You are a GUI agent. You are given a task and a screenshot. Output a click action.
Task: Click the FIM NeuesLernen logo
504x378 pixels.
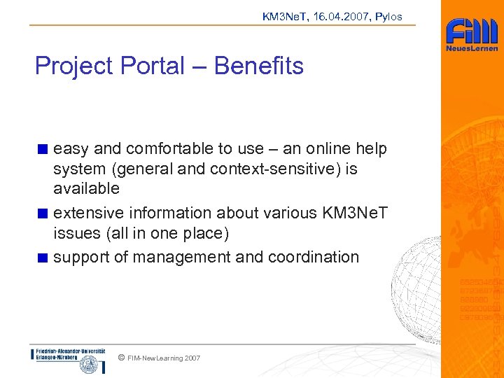click(x=472, y=34)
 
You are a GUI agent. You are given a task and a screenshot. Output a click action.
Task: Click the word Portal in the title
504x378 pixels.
click(x=152, y=66)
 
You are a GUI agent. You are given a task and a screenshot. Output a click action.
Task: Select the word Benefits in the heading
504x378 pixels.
click(x=258, y=66)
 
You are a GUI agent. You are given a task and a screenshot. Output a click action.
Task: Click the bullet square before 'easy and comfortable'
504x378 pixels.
click(x=43, y=149)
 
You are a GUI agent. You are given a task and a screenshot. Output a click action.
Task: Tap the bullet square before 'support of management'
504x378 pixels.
click(x=43, y=258)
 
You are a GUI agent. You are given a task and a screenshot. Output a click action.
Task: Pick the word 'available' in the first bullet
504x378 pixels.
click(x=86, y=188)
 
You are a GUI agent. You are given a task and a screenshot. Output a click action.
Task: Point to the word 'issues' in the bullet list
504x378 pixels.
click(x=73, y=232)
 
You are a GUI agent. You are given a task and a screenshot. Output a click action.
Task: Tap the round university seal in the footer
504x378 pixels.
click(x=90, y=364)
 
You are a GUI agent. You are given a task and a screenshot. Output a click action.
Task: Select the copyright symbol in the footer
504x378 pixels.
click(x=122, y=358)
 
